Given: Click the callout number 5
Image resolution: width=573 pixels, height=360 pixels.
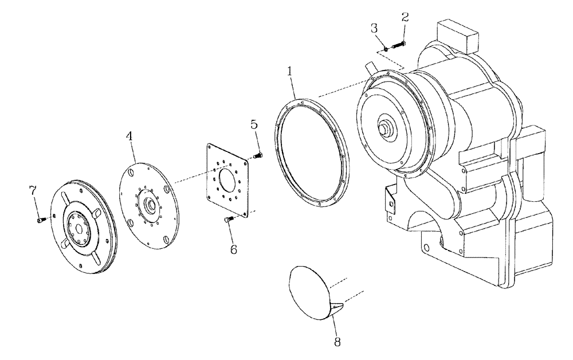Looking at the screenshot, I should [x=254, y=124].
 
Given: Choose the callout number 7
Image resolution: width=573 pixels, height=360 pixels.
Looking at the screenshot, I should [x=33, y=190].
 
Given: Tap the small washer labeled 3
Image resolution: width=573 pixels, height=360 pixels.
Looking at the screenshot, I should [x=386, y=49].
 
